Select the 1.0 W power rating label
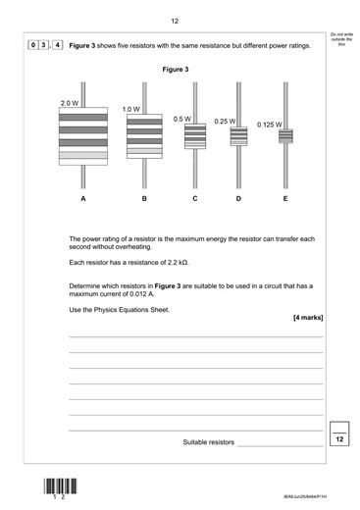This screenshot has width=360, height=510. click(131, 109)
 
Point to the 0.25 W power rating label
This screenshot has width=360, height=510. click(225, 122)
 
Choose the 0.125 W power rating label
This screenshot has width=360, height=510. click(269, 125)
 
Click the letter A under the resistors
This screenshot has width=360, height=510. click(83, 200)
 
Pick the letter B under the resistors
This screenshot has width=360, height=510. click(144, 200)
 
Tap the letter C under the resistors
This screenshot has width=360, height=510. click(195, 200)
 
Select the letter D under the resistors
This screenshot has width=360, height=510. click(238, 200)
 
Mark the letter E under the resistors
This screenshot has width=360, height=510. click(285, 200)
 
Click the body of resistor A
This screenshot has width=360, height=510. click(83, 137)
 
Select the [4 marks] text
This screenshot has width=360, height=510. click(307, 318)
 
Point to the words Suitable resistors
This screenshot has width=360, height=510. click(209, 442)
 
